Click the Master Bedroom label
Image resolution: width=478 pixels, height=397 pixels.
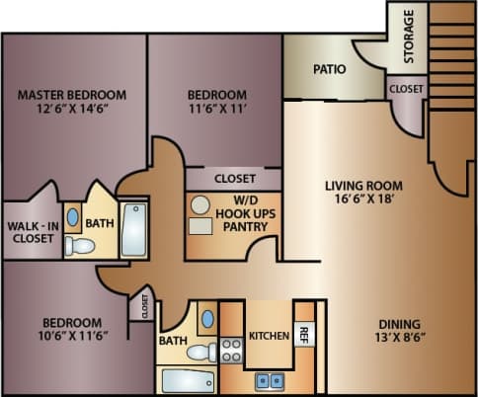coord(73,95)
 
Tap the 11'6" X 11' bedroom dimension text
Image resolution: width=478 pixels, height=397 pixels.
coord(216,112)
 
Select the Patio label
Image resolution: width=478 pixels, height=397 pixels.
coord(329,70)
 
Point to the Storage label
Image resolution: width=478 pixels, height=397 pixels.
coord(409,37)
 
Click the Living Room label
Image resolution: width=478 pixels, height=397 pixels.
coord(360,184)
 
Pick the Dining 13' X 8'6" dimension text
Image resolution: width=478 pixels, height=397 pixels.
coord(399,340)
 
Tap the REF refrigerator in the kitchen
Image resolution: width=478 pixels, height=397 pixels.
coord(305,336)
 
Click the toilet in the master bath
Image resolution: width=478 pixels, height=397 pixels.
coord(75,247)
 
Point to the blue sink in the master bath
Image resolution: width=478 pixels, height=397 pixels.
coord(73,216)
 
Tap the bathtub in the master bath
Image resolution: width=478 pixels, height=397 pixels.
coord(133,229)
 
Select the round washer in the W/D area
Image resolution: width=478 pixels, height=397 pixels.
coord(200,205)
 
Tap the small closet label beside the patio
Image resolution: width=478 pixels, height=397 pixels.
coord(405,89)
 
